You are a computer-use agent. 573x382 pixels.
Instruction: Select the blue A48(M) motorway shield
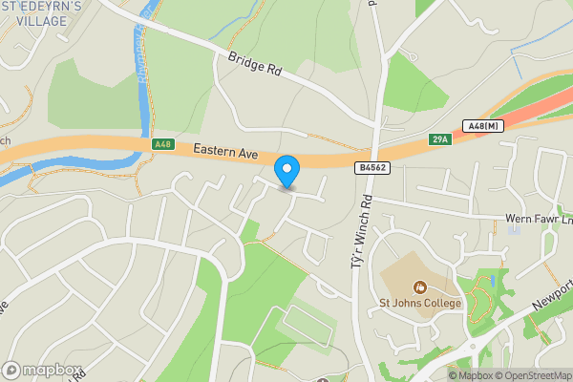pyautogui.click(x=484, y=125)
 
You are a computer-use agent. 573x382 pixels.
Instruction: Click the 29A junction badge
pyautogui.click(x=439, y=139)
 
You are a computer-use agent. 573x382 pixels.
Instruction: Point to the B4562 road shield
pyautogui.click(x=373, y=168)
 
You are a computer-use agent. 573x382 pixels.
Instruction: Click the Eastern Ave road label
pyautogui.click(x=226, y=151)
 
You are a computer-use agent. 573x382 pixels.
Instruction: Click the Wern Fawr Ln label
pyautogui.click(x=539, y=219)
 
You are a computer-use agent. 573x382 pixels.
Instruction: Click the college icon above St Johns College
pyautogui.click(x=419, y=286)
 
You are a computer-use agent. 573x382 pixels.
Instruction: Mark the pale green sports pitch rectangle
pyautogui.click(x=307, y=327)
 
